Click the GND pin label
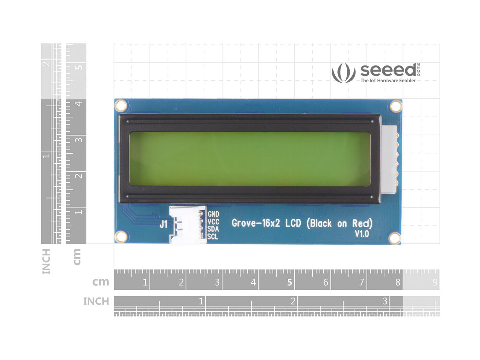pos(213,214)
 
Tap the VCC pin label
pos(213,222)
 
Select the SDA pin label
pos(213,229)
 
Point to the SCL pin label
pos(213,237)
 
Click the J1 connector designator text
pos(164,225)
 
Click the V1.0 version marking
pos(362,234)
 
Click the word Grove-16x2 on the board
pos(256,223)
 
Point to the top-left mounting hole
pos(121,106)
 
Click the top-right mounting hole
pos(396,106)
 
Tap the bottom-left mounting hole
pos(121,237)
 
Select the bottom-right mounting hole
pos(395,238)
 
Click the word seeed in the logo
pos(388,70)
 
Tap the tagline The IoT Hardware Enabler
pos(388,81)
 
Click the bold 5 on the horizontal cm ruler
pos(289,282)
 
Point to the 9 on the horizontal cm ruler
pos(435,282)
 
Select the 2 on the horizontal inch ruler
pos(293,301)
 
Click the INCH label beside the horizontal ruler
pos(96,301)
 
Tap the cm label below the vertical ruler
pos(77,257)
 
